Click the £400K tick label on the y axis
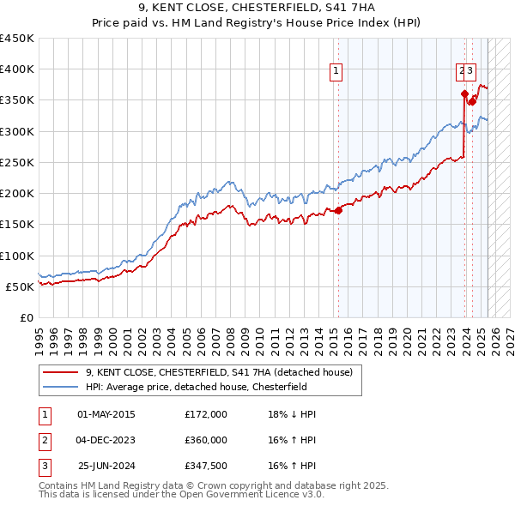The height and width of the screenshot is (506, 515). click(17, 69)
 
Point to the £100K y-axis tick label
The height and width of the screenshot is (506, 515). click(17, 256)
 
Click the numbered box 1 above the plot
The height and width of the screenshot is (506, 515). click(336, 71)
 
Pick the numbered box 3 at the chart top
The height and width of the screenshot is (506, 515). click(472, 71)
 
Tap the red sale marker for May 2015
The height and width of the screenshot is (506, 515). click(338, 210)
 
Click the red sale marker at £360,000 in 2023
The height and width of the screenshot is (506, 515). click(464, 94)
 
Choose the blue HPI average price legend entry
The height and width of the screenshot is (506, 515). click(195, 387)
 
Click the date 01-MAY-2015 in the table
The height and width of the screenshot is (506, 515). click(106, 414)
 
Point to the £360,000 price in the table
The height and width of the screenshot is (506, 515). click(206, 440)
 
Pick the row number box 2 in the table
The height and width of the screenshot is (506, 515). click(44, 440)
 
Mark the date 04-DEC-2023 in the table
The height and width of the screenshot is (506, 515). click(106, 440)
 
